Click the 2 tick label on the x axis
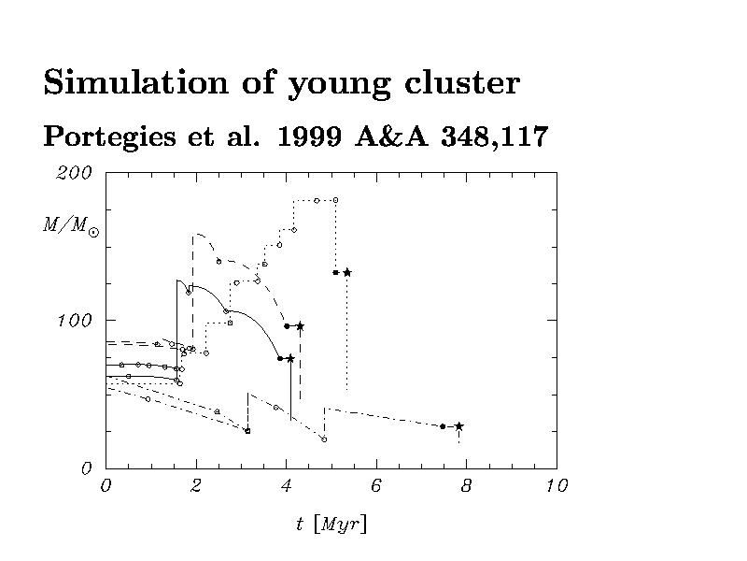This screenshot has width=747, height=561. click(196, 485)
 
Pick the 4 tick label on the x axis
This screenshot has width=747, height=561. click(286, 485)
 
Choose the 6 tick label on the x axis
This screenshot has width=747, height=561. click(376, 485)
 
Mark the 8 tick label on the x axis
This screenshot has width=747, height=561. click(466, 485)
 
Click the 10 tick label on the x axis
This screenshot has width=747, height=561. click(557, 485)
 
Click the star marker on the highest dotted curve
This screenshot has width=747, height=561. click(346, 272)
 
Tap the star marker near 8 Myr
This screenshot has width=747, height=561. click(458, 426)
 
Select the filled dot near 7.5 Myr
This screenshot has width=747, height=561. click(443, 426)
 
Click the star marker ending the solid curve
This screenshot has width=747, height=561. click(290, 358)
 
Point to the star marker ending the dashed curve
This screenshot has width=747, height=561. click(301, 326)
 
